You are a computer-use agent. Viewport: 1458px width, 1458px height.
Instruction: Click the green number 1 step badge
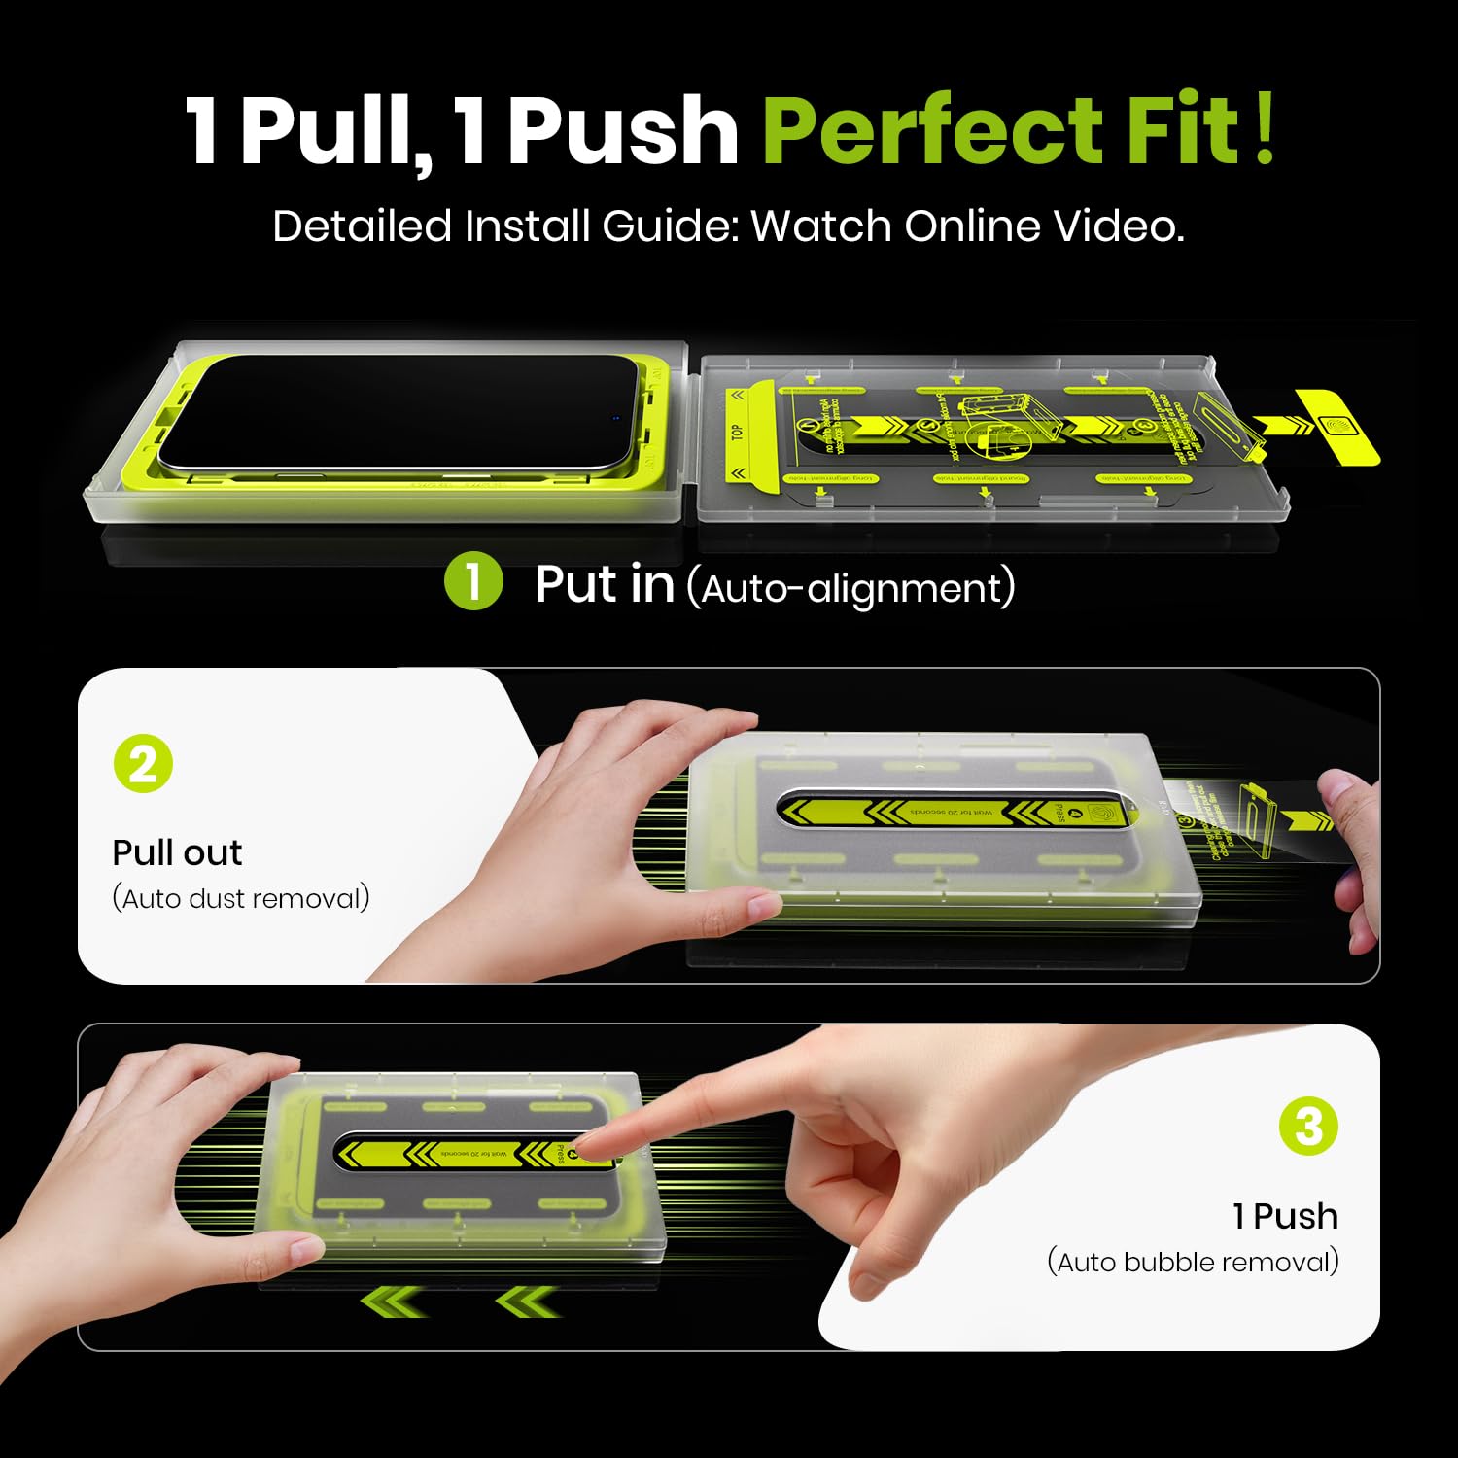(473, 581)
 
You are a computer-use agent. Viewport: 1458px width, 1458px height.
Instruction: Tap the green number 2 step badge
(143, 764)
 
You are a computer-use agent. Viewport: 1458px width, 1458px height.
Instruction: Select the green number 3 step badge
(1308, 1127)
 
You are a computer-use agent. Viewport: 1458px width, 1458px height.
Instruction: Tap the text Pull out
(177, 852)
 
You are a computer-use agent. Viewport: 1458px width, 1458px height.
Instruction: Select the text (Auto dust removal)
(241, 898)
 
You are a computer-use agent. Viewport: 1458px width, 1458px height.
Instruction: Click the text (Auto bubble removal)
(1193, 1262)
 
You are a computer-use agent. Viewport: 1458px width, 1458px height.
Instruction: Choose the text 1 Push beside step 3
(1285, 1216)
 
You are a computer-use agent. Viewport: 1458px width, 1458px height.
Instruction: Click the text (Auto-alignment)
(850, 588)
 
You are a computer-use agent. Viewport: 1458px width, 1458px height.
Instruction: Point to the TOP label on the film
(737, 432)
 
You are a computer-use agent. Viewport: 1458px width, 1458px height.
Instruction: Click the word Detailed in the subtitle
(363, 226)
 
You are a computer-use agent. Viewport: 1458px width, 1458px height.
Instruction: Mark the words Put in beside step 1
(605, 584)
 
